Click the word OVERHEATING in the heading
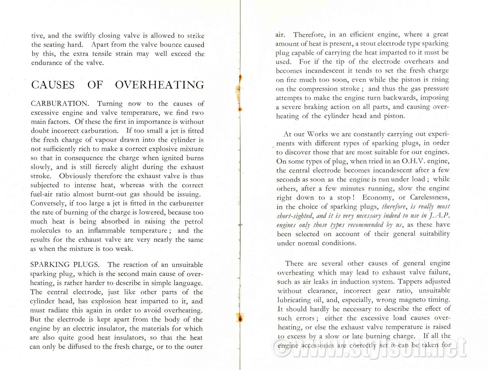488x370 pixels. click(x=160, y=85)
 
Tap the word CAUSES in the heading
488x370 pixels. click(x=53, y=85)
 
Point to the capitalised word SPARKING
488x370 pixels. click(x=50, y=265)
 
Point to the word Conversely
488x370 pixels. click(x=48, y=204)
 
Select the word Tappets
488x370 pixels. click(x=411, y=281)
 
